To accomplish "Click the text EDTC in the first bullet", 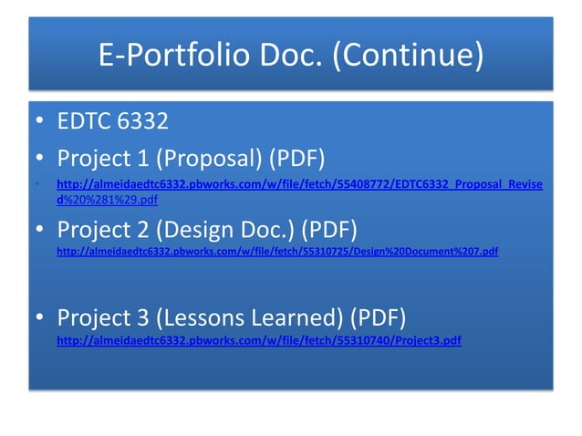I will (87, 122).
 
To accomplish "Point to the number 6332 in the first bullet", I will (146, 122).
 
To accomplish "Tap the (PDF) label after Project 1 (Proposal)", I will (296, 158).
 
